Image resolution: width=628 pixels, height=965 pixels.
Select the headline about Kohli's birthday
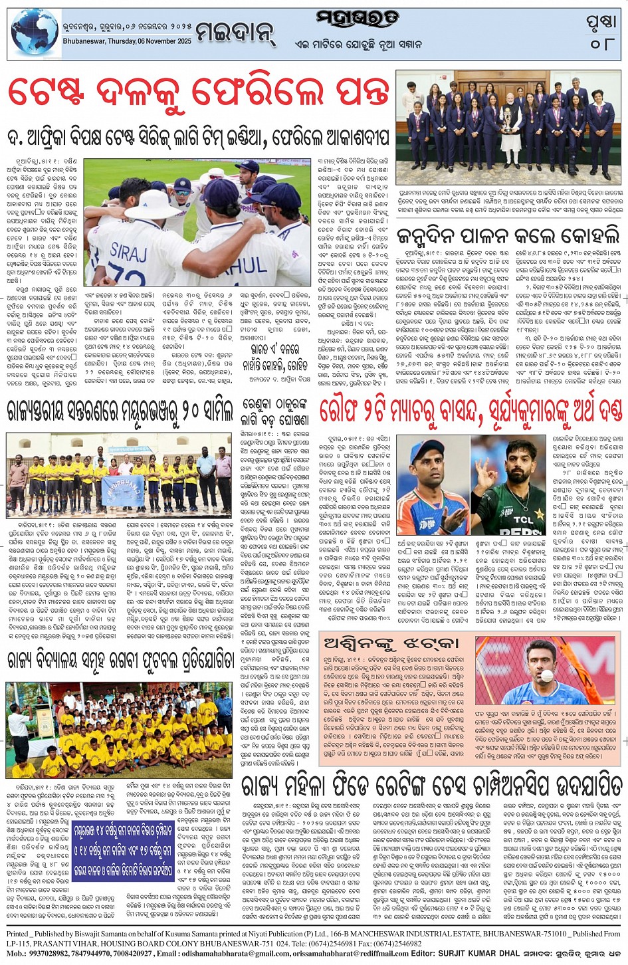coord(508,236)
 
